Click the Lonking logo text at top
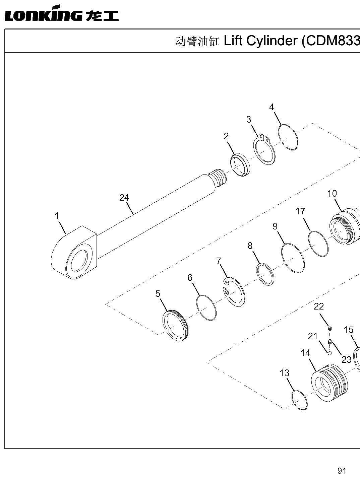(62, 13)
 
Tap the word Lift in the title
(233, 41)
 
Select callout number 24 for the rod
(124, 198)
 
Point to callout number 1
(57, 216)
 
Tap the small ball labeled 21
(329, 353)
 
